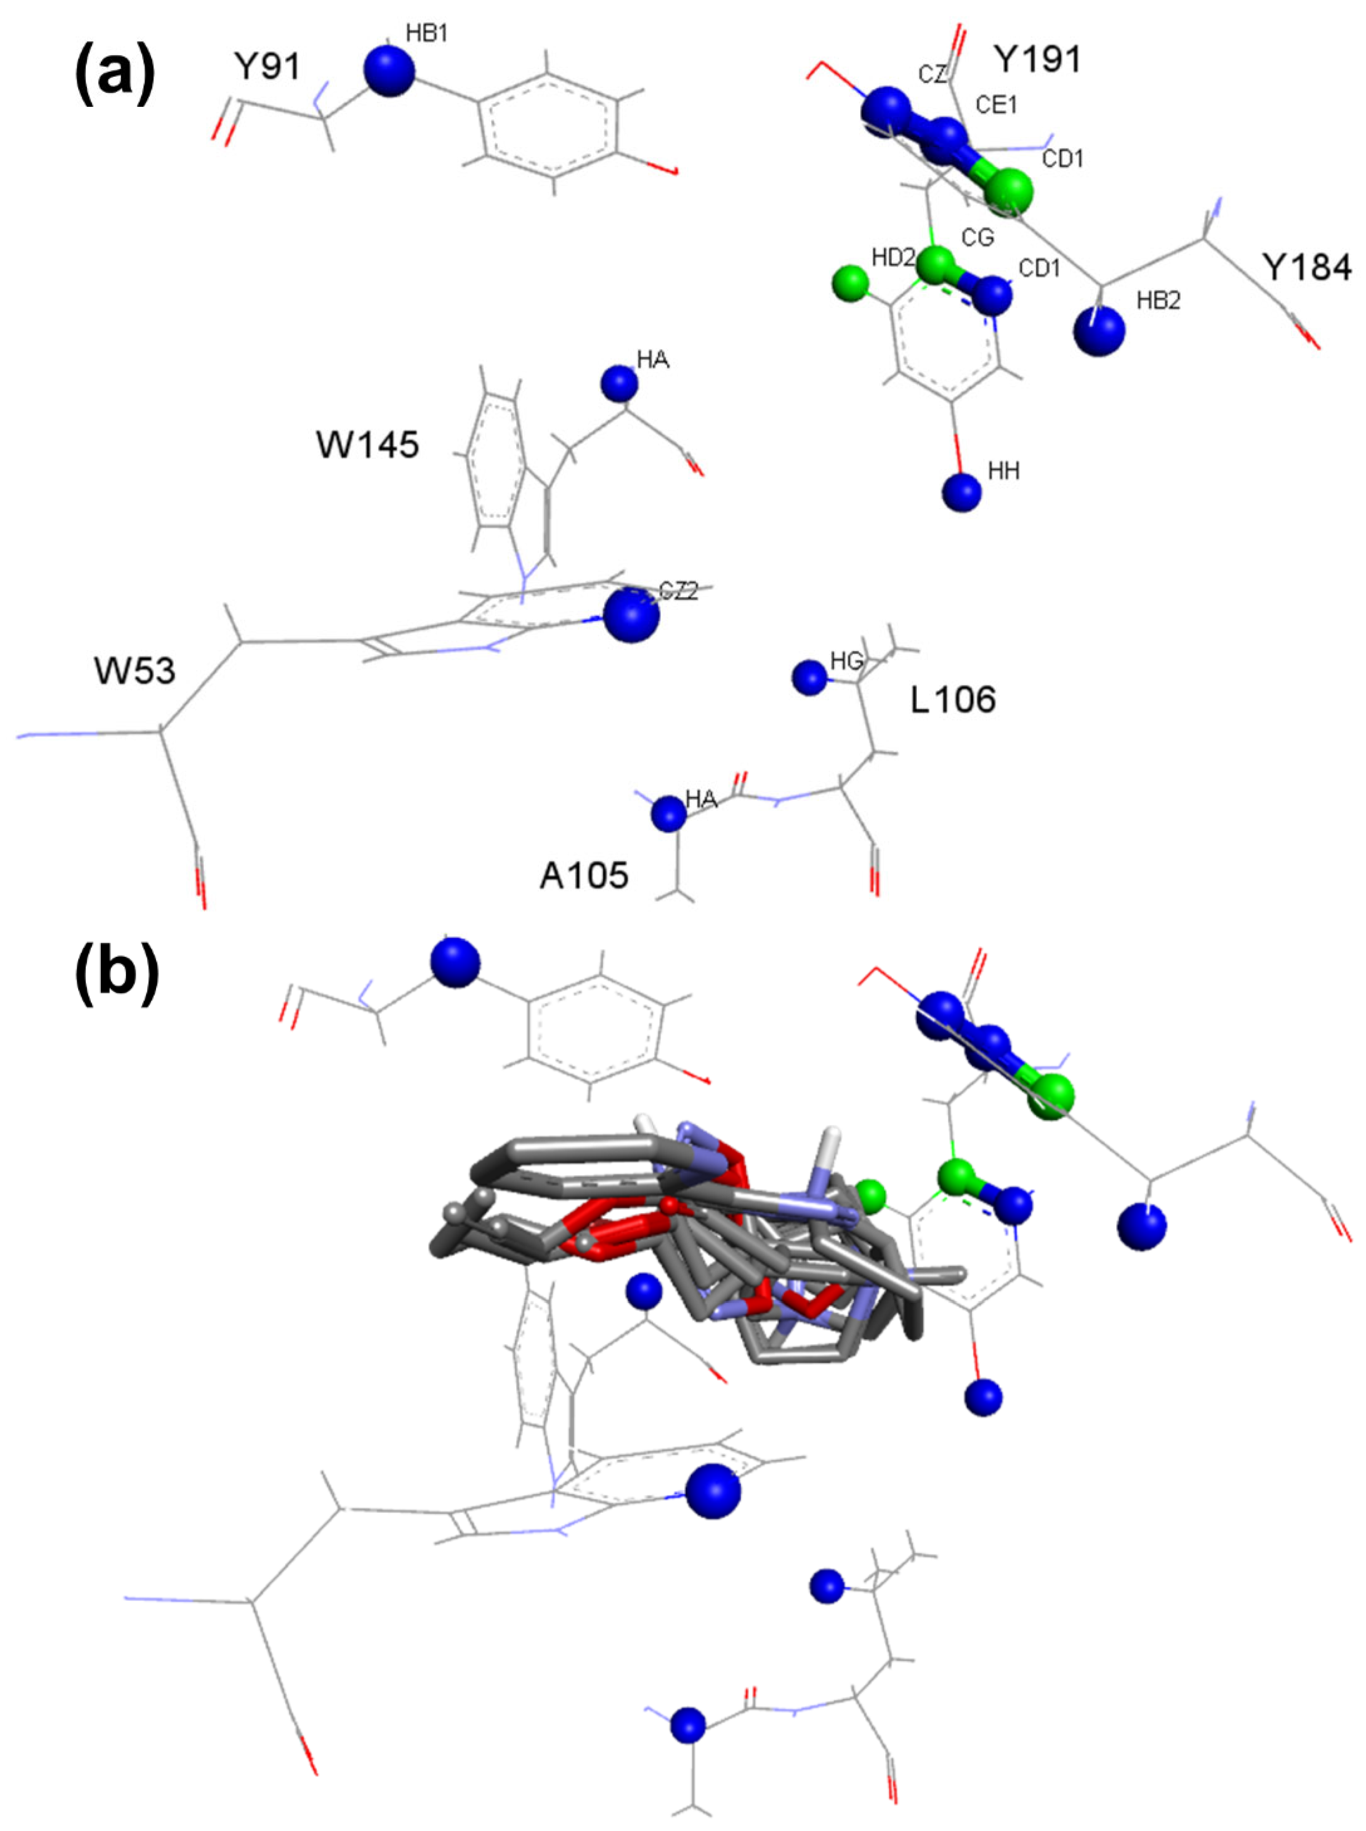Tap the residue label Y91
point(266,66)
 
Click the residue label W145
point(367,445)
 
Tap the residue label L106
point(953,700)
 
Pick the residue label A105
point(584,875)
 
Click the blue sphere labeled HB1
point(388,71)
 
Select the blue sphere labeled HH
point(961,492)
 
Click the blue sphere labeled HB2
point(1099,331)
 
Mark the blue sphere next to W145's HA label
point(619,383)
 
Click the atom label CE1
point(996,105)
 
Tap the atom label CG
point(978,238)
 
